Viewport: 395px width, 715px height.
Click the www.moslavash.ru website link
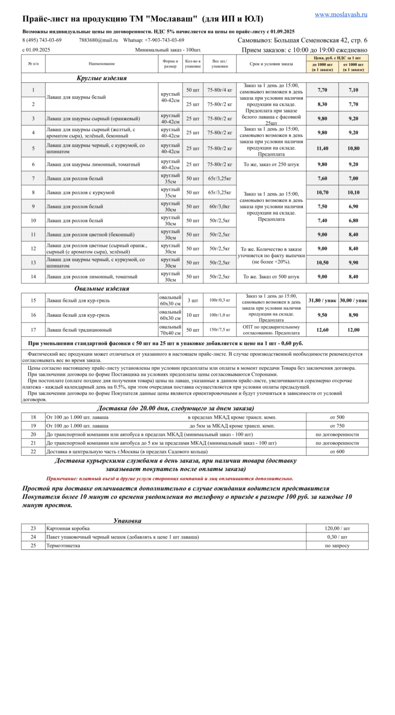click(341, 15)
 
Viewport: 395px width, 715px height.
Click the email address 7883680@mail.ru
click(98, 40)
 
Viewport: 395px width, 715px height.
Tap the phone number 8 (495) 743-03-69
click(42, 40)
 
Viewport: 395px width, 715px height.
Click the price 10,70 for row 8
click(322, 192)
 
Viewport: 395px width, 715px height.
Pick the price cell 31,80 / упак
click(322, 300)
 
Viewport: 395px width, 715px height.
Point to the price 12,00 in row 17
click(353, 330)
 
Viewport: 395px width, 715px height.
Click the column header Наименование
click(101, 64)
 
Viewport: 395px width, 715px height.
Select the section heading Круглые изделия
click(101, 78)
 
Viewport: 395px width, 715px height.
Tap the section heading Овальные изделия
click(101, 289)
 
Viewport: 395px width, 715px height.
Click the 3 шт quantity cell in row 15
click(192, 300)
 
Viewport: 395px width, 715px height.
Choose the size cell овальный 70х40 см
click(170, 330)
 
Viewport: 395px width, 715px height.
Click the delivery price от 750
click(337, 426)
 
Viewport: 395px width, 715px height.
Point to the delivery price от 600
click(337, 452)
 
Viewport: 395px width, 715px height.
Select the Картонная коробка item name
click(68, 528)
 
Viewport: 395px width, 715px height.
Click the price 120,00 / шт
click(337, 528)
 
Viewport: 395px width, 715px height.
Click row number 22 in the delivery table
click(33, 452)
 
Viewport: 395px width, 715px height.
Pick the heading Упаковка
click(127, 521)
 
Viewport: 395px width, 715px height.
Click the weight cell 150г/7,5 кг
click(220, 330)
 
